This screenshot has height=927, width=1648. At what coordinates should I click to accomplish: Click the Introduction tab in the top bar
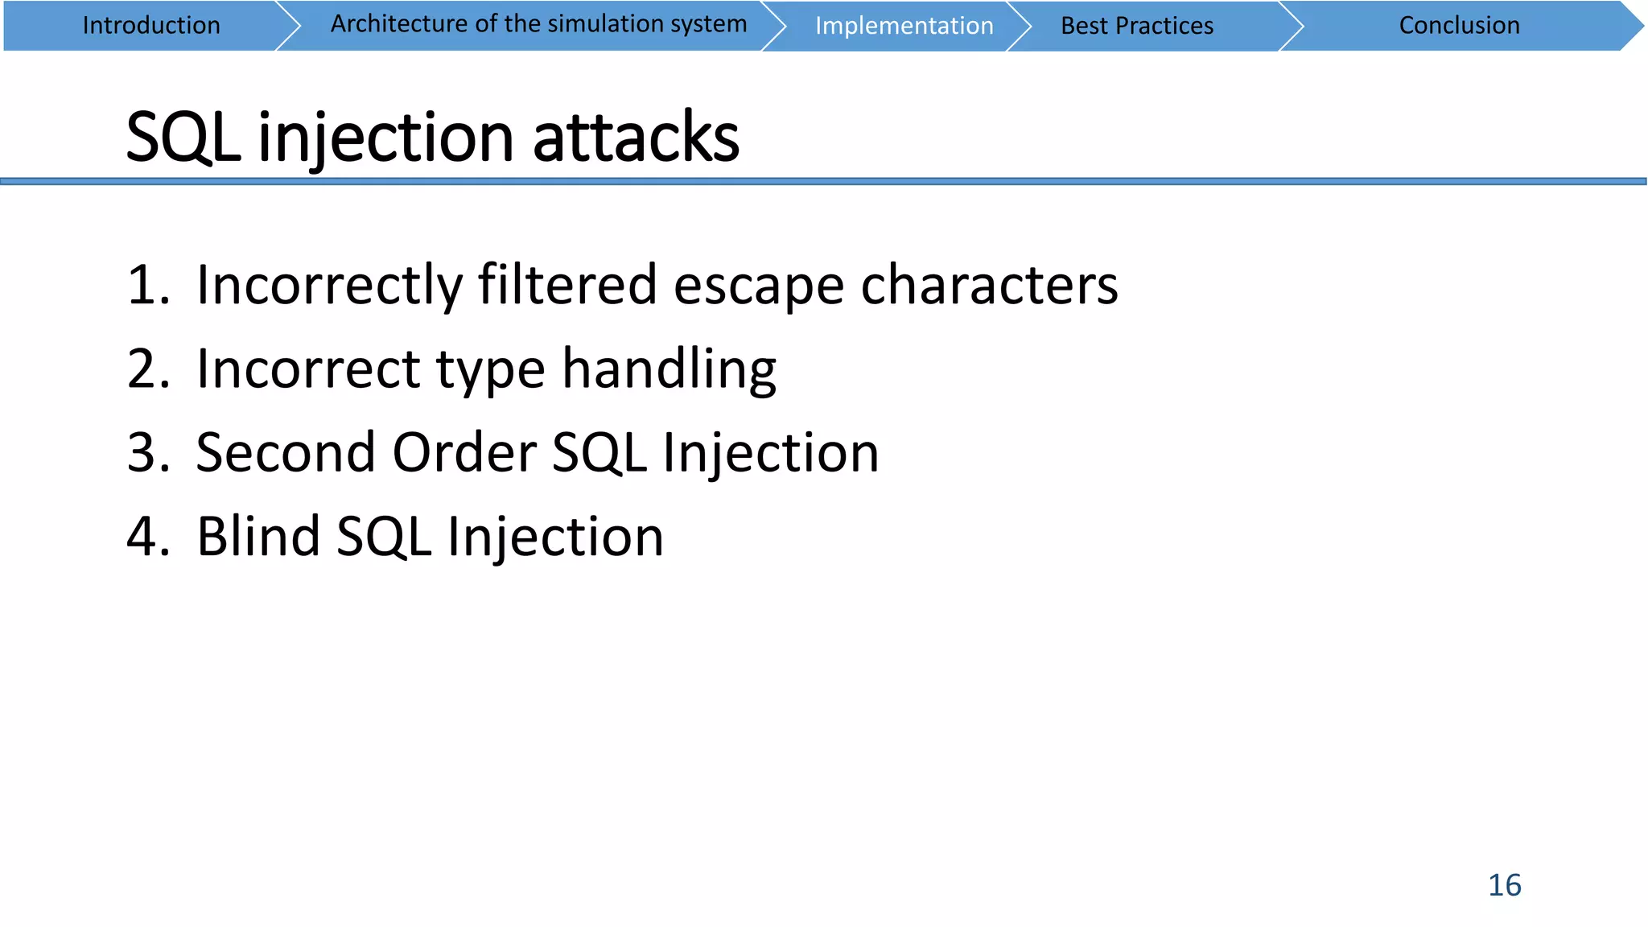151,26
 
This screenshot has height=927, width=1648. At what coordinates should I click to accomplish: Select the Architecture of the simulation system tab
538,24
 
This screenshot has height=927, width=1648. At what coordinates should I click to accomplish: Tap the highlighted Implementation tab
904,26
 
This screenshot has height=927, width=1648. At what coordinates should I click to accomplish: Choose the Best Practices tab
1136,26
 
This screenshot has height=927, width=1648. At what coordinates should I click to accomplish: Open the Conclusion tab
1459,26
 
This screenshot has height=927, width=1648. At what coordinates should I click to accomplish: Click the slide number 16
1504,885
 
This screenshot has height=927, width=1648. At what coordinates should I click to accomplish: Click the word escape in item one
759,286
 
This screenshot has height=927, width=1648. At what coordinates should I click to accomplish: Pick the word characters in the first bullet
989,286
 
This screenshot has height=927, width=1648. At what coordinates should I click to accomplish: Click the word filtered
567,285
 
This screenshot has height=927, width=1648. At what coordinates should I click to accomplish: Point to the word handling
669,370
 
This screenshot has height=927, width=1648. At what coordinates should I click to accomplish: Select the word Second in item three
286,452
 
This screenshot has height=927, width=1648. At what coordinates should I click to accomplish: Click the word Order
464,452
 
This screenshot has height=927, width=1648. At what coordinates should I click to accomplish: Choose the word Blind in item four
258,536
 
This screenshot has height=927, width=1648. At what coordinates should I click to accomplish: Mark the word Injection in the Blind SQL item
555,538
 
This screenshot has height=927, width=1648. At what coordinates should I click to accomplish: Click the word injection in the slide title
385,138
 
